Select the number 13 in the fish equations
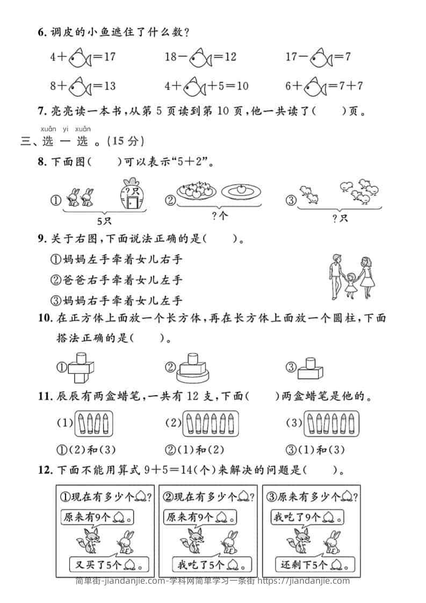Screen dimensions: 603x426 [109, 85]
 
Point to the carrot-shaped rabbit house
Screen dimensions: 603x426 [131, 196]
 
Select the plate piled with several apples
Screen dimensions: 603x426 [197, 191]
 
